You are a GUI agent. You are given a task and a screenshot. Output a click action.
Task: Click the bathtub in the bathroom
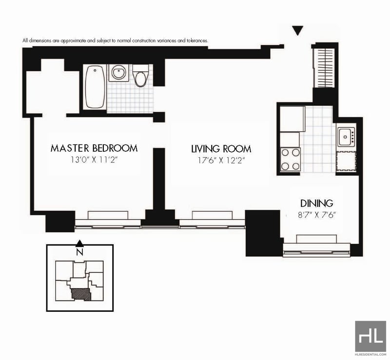pos(95,87)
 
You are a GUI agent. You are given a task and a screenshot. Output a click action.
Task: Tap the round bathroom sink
pos(118,73)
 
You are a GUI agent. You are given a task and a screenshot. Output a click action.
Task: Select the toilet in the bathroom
pos(140,76)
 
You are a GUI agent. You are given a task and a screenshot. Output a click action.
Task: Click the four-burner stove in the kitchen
pos(290,160)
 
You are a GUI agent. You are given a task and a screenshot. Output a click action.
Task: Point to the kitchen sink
pos(346,137)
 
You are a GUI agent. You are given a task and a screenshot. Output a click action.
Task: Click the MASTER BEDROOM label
pos(94,148)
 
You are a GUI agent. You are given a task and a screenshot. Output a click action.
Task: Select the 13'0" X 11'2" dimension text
pos(94,160)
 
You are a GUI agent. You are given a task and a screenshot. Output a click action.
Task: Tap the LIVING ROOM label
pos(221,149)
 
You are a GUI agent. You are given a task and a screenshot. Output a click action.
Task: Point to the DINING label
pos(316,203)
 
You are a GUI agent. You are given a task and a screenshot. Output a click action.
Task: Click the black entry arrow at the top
pos(297,31)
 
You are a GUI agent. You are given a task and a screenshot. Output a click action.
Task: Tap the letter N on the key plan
pos(79,253)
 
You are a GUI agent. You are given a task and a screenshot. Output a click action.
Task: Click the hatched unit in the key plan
pos(81,294)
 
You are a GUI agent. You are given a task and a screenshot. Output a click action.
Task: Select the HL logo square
pos(370,337)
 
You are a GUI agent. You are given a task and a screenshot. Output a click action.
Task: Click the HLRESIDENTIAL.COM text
pos(370,354)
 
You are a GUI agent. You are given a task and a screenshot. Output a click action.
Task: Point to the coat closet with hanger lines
pos(324,68)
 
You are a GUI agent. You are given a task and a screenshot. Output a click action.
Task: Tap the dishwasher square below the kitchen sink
pos(346,161)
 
